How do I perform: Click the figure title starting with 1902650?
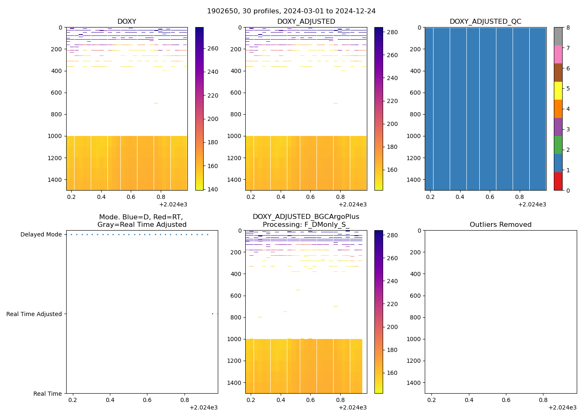pos(291,11)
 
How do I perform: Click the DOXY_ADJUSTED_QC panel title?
pos(485,21)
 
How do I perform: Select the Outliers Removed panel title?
pos(501,224)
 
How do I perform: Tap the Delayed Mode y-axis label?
pos(41,234)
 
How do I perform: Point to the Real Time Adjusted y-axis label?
pos(34,314)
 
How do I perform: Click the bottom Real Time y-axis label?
pos(47,394)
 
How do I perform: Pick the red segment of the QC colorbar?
pos(558,181)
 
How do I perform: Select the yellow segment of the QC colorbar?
pos(558,90)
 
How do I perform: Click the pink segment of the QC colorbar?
pos(558,54)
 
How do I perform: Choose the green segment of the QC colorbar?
pos(558,145)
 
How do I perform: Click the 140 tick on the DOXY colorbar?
pos(213,189)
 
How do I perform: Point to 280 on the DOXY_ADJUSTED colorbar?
pos(392,32)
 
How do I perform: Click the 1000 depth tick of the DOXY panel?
pos(55,136)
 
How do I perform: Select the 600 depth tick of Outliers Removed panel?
pos(415,296)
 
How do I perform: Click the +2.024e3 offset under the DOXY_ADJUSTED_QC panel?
pos(532,204)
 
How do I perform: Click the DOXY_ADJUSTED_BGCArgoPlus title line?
pos(306,217)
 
